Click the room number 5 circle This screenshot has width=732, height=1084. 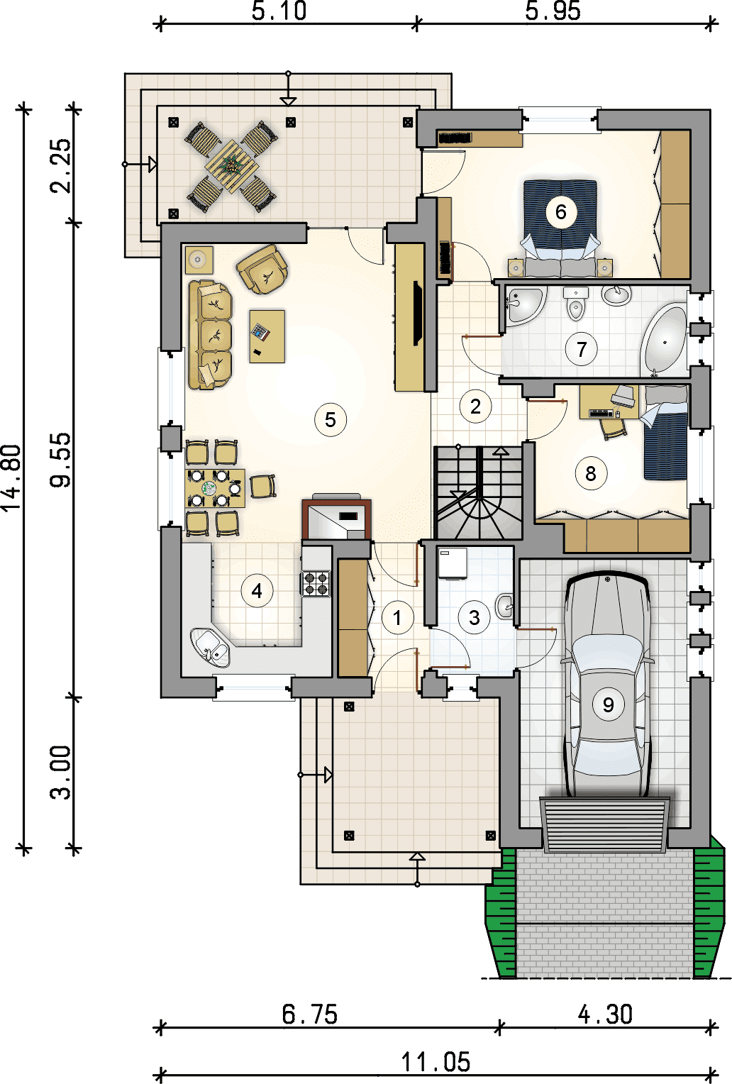click(x=330, y=419)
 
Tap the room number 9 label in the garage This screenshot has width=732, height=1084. click(x=608, y=704)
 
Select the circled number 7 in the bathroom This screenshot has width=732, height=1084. click(x=581, y=348)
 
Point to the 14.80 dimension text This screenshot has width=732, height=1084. click(x=11, y=477)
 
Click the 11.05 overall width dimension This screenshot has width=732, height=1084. click(x=436, y=1062)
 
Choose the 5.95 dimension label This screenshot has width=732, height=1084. click(x=553, y=11)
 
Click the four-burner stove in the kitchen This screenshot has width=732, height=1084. click(x=316, y=583)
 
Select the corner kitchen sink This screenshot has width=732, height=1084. click(x=210, y=647)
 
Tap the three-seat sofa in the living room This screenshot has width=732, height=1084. click(x=209, y=335)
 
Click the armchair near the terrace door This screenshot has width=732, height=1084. click(x=262, y=270)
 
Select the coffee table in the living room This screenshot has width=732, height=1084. click(x=267, y=336)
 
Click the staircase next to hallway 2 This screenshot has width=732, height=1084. click(x=479, y=492)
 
